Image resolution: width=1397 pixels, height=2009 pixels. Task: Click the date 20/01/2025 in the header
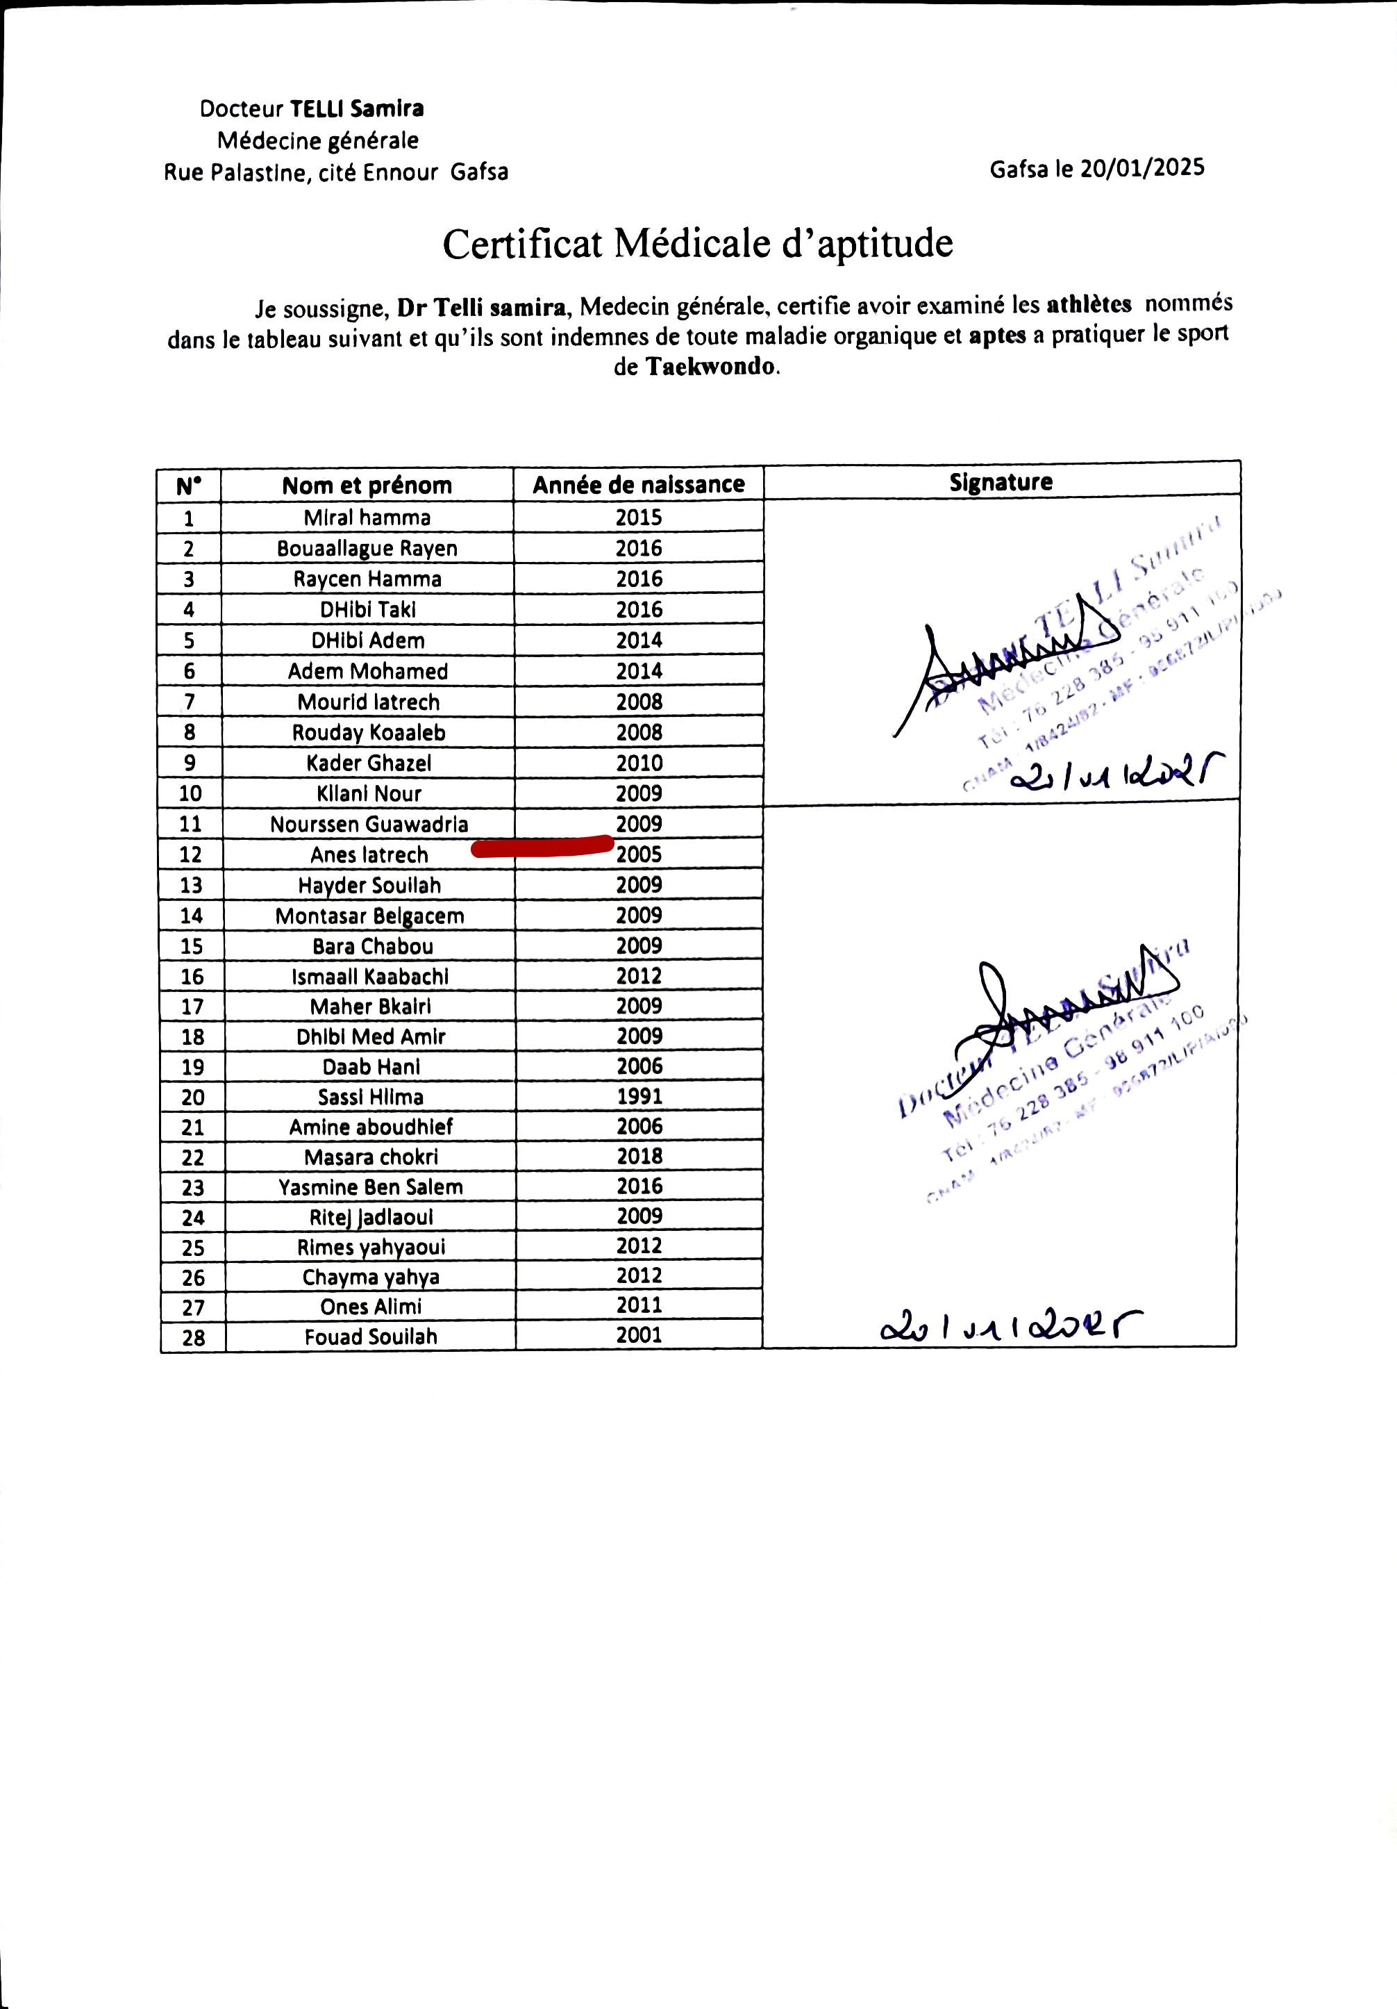pos(1141,168)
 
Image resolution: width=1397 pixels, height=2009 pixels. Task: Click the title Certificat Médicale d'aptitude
pos(697,243)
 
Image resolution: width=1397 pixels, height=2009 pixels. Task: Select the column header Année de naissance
pos(639,485)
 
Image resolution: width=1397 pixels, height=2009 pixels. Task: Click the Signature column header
pos(1001,481)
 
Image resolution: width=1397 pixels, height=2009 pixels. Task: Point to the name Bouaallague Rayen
pos(367,549)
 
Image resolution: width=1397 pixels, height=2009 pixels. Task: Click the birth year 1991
pos(639,1096)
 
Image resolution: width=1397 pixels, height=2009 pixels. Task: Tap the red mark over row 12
pos(542,846)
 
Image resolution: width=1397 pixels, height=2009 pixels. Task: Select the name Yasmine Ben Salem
pos(371,1187)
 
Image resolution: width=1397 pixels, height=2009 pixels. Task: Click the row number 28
pos(193,1337)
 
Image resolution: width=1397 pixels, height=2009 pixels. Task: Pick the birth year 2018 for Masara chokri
pos(639,1157)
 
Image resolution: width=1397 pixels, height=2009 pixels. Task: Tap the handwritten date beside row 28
pos(1011,1328)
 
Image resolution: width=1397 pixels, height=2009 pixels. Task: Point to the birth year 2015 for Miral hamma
pos(639,517)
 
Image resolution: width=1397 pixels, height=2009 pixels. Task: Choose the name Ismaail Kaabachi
pos(370,977)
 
